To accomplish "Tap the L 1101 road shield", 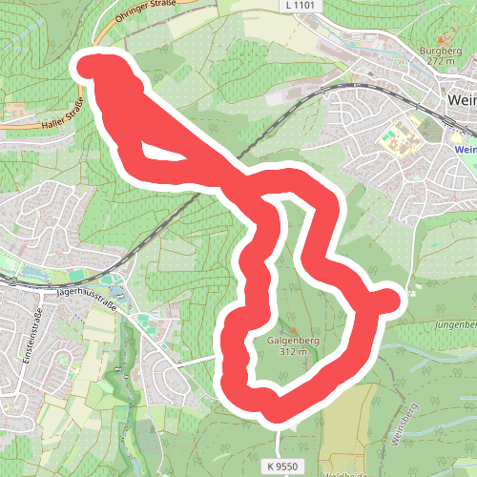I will coord(299,6).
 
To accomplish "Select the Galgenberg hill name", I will coord(292,340).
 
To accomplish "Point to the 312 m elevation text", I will coord(292,351).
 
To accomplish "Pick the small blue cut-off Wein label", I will coord(465,150).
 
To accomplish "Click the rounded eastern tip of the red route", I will coord(389,300).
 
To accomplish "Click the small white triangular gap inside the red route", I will coord(157,152).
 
